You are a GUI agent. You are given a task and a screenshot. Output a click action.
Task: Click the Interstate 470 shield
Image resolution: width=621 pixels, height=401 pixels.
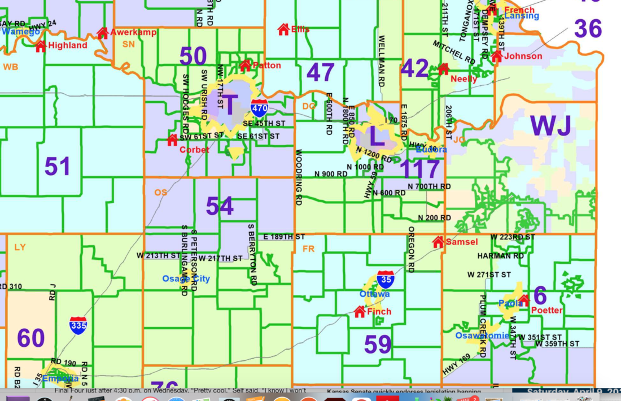click(x=259, y=108)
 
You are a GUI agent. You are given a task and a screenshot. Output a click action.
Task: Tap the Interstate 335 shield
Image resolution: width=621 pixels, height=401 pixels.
click(x=78, y=326)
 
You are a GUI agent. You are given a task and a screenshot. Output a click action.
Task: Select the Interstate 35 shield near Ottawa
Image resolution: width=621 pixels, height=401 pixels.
click(x=385, y=280)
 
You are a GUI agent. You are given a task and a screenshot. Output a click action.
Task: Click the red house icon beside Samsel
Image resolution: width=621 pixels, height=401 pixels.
click(x=438, y=242)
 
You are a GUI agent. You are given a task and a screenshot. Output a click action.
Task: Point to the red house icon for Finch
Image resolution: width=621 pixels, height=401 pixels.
click(x=360, y=311)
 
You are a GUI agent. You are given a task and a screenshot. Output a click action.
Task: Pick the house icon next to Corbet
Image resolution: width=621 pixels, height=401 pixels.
click(x=172, y=140)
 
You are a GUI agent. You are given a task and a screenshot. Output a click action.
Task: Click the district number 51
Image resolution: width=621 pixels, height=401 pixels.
click(x=58, y=167)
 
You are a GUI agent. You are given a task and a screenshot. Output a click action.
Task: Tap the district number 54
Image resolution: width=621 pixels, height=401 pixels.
click(x=220, y=207)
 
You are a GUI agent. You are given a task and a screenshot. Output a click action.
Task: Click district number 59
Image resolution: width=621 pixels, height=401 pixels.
click(x=378, y=345)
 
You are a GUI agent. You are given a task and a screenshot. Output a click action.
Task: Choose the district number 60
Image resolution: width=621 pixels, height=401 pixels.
click(x=30, y=338)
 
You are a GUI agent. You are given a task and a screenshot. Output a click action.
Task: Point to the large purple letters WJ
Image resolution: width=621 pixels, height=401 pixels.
click(x=551, y=127)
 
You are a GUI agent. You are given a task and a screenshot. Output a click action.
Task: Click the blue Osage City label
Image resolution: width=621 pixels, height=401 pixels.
click(x=186, y=278)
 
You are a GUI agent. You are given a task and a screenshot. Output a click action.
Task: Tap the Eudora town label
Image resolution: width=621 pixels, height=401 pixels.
click(x=431, y=150)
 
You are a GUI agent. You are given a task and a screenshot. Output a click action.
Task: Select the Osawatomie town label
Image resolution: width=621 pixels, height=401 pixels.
click(x=482, y=335)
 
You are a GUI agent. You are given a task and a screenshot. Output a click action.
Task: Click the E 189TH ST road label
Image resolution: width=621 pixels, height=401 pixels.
click(x=284, y=237)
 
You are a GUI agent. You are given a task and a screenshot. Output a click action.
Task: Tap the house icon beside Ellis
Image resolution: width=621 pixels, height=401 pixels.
click(x=283, y=29)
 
